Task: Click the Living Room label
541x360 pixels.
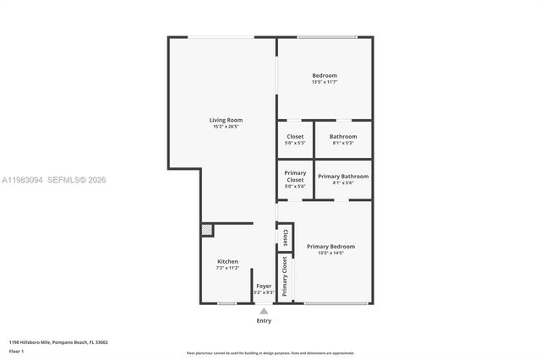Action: (226, 120)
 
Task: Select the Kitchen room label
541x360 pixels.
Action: (227, 262)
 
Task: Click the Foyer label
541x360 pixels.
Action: (264, 286)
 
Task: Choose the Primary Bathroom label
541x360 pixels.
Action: (342, 176)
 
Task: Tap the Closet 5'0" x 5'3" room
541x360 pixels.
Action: (295, 139)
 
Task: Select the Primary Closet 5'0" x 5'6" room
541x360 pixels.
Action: (295, 178)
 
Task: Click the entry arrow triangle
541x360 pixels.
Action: (264, 311)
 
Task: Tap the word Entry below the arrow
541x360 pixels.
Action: (264, 321)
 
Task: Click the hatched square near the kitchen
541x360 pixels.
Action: (207, 230)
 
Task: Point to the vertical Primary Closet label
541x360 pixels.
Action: (285, 277)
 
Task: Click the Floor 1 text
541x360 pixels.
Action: (17, 351)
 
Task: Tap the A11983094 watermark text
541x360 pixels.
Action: (25, 180)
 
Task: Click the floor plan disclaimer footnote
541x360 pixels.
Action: (270, 352)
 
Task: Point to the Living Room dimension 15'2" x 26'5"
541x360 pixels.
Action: (226, 127)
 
